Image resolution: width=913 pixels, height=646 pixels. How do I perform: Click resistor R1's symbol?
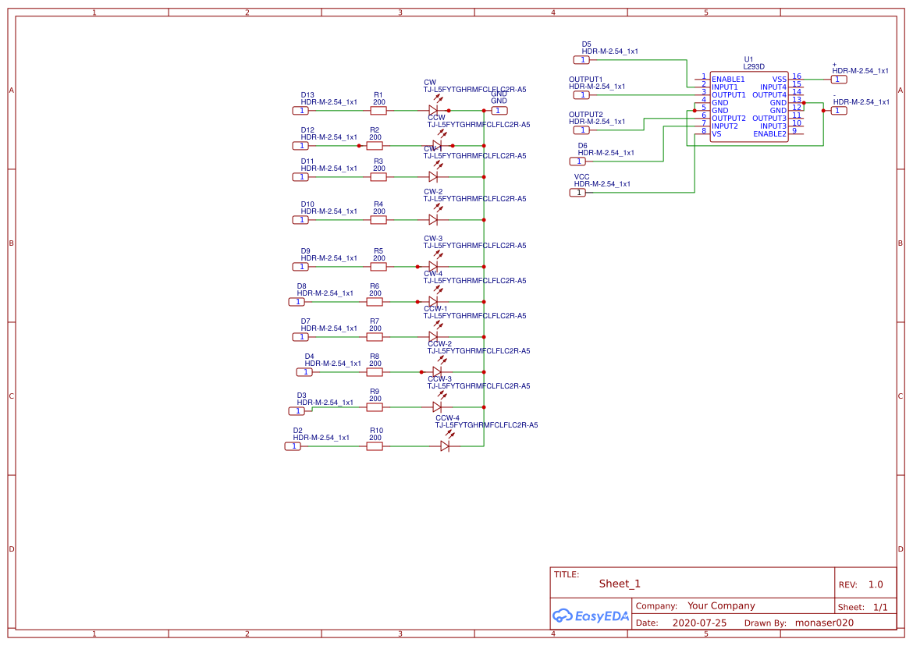(378, 110)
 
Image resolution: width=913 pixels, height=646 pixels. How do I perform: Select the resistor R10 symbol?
(375, 446)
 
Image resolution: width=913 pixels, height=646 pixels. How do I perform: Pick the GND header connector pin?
(498, 110)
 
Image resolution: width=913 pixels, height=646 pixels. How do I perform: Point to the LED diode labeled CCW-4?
(445, 445)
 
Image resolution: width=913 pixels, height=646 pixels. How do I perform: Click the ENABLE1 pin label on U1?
(727, 79)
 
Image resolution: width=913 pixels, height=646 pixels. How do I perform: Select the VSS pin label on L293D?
(779, 79)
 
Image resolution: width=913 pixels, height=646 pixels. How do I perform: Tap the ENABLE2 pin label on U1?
(769, 133)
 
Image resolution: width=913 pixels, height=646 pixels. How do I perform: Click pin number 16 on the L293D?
(797, 76)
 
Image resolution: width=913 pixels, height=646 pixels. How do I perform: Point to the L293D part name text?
(754, 67)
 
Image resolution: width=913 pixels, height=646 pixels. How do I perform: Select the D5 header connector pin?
(581, 60)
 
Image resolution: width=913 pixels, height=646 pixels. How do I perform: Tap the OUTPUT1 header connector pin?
(581, 95)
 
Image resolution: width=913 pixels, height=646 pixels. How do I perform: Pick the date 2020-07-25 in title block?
(699, 623)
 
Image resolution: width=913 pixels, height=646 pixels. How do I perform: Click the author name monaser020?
(824, 623)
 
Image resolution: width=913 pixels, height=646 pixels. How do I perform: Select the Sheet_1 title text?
(620, 584)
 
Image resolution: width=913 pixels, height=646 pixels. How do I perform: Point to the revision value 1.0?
(876, 584)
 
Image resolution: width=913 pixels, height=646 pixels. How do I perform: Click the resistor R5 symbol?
(378, 266)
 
